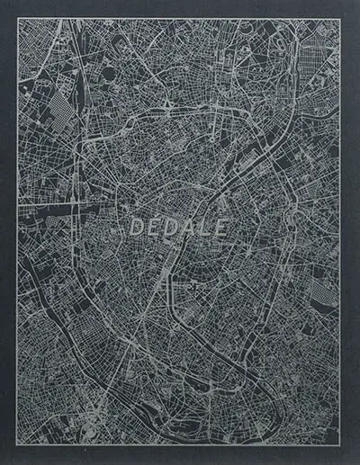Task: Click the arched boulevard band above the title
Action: click(180, 117)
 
